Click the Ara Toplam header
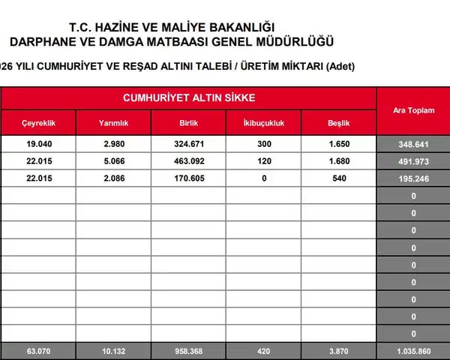tap(413, 110)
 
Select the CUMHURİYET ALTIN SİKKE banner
tap(188, 98)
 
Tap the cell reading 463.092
tap(188, 160)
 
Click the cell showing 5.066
tap(112, 160)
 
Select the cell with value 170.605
tap(188, 178)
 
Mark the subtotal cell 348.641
tap(413, 142)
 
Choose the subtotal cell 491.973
tap(413, 160)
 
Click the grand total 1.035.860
tap(413, 351)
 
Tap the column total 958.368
tap(188, 351)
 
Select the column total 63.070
tap(37, 351)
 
